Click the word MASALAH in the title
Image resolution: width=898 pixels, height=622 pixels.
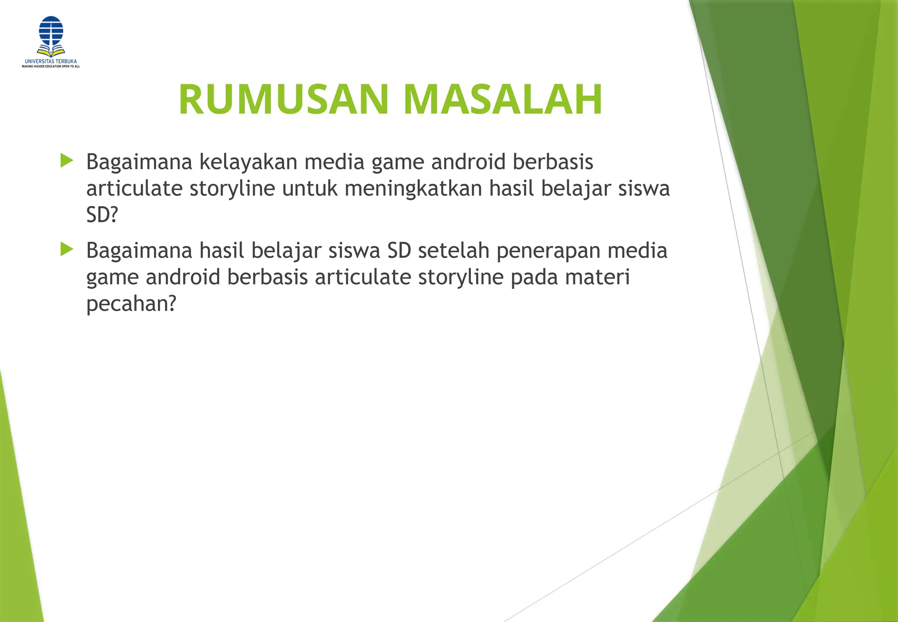pos(502,100)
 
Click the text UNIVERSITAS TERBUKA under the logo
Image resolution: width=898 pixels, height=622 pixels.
pos(51,61)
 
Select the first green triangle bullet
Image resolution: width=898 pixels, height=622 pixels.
pos(67,161)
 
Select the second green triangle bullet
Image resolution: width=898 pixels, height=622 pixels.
pos(67,250)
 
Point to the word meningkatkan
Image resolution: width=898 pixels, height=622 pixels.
pos(413,189)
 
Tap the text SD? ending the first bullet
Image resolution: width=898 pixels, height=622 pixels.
pos(102,215)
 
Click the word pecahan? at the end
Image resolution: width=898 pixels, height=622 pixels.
pos(131,304)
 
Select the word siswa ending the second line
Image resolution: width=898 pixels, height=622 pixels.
pos(644,189)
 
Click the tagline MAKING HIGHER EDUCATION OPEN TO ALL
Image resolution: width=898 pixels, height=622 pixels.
pos(51,67)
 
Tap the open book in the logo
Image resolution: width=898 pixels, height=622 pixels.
pos(51,50)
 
